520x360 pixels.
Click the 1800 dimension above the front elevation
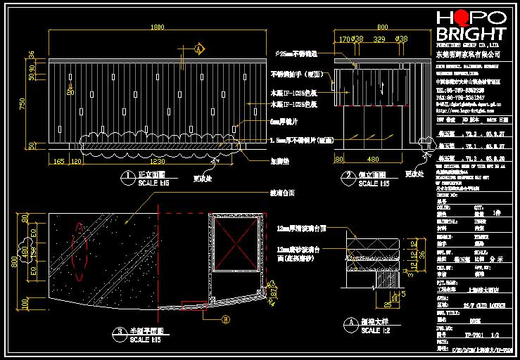[158, 27]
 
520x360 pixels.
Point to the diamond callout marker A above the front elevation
[199, 49]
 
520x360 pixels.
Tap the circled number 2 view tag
[346, 176]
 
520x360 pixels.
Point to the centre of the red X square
[235, 243]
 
